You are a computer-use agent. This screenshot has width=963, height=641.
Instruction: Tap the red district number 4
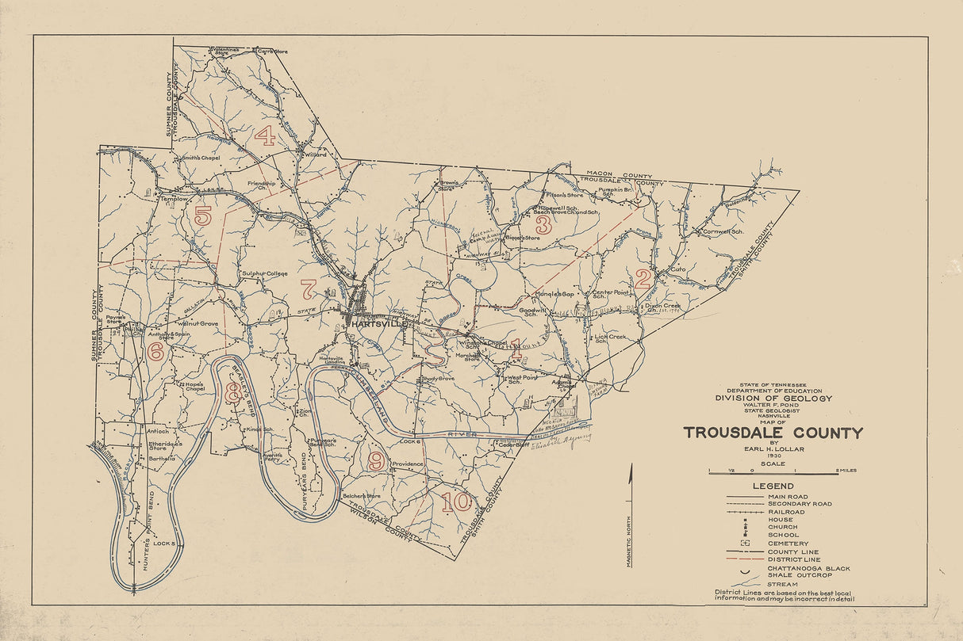pyautogui.click(x=265, y=136)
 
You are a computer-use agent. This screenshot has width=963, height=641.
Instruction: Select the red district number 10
pyautogui.click(x=456, y=502)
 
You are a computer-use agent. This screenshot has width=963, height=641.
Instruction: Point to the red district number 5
pyautogui.click(x=203, y=216)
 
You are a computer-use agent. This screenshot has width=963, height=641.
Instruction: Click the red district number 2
pyautogui.click(x=643, y=278)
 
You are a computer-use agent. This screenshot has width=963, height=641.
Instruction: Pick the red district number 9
pyautogui.click(x=376, y=460)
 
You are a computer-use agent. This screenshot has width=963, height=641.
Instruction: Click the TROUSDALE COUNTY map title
pyautogui.click(x=773, y=433)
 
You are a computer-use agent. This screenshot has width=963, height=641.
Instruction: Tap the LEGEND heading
pyautogui.click(x=773, y=486)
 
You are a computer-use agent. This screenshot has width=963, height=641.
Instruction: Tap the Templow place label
pyautogui.click(x=174, y=199)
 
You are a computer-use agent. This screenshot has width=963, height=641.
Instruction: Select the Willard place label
pyautogui.click(x=315, y=155)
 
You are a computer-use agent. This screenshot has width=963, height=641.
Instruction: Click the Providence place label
pyautogui.click(x=409, y=464)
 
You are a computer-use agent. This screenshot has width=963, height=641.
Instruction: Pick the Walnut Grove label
pyautogui.click(x=197, y=324)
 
